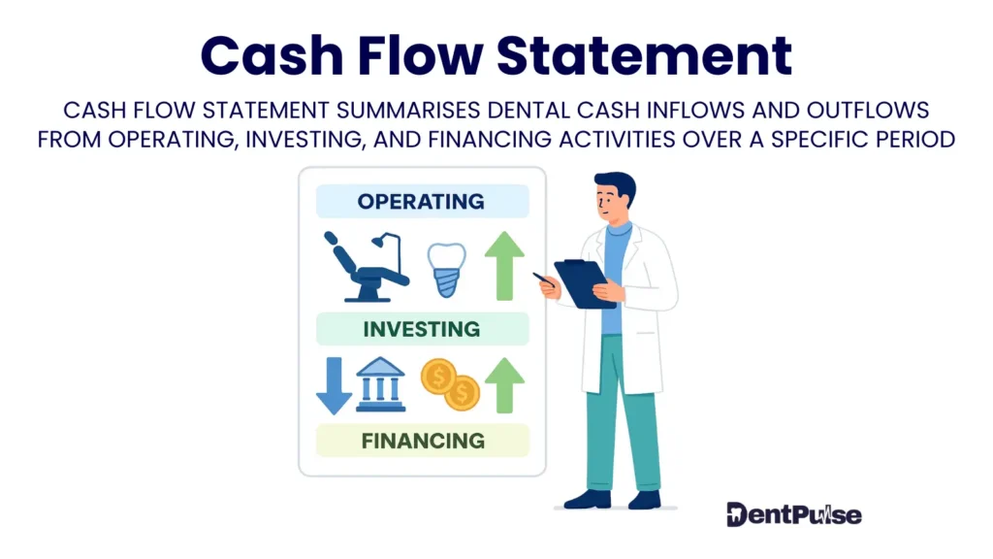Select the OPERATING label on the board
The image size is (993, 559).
pyautogui.click(x=421, y=202)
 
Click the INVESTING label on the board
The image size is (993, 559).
pyautogui.click(x=421, y=329)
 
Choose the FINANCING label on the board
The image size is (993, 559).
pyautogui.click(x=422, y=441)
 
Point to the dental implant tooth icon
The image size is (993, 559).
pyautogui.click(x=448, y=268)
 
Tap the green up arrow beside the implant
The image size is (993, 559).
pyautogui.click(x=504, y=266)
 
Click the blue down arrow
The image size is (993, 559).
pyautogui.click(x=334, y=384)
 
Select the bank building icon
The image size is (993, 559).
pyautogui.click(x=381, y=384)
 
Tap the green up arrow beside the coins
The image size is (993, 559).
pyautogui.click(x=504, y=384)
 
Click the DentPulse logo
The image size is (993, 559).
pyautogui.click(x=793, y=514)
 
